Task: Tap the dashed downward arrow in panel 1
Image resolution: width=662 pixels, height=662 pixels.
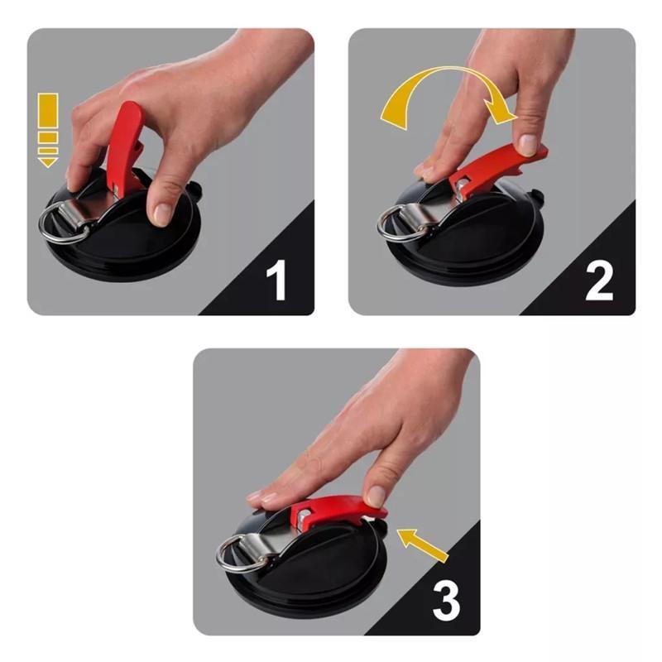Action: point(48,129)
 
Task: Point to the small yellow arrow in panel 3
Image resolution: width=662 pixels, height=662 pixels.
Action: point(423,547)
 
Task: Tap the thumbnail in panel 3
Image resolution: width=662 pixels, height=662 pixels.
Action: point(376,496)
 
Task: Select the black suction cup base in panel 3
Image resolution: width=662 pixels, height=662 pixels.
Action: point(314,579)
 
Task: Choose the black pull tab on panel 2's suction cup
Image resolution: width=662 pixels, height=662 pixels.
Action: point(537,199)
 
